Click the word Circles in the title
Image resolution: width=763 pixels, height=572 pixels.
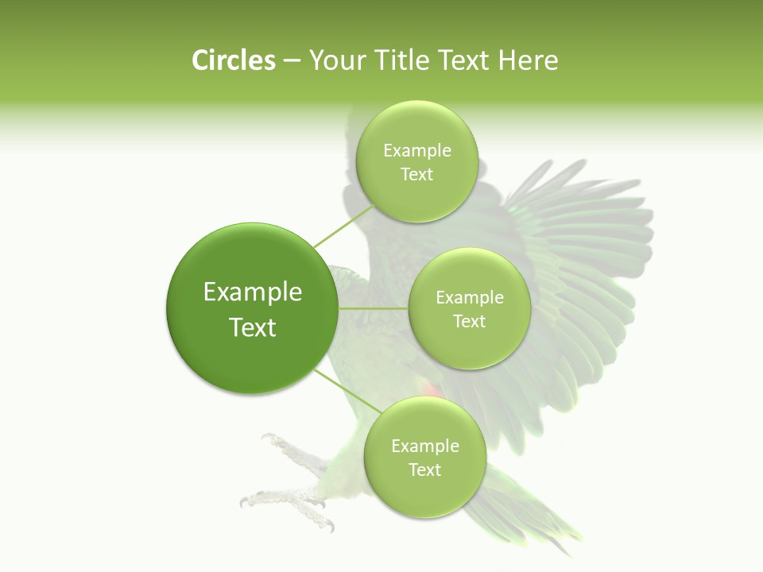coord(233,60)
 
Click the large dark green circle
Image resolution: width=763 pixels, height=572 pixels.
coord(252,308)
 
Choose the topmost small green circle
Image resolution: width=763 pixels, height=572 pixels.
coord(416,161)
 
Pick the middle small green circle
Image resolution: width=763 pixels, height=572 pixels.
coord(469,308)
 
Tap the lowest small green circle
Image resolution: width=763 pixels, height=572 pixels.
coord(424,457)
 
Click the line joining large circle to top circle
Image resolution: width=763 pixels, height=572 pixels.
coord(343,226)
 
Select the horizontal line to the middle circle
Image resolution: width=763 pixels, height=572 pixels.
coord(374,308)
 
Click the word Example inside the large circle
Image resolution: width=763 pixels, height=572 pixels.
coord(252,292)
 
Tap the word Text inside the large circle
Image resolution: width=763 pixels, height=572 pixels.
coord(252,327)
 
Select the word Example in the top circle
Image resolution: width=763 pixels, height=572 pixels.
coord(416,150)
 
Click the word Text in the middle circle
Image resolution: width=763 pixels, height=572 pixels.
coord(469,321)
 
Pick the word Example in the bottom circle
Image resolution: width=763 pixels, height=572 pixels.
coord(424,446)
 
